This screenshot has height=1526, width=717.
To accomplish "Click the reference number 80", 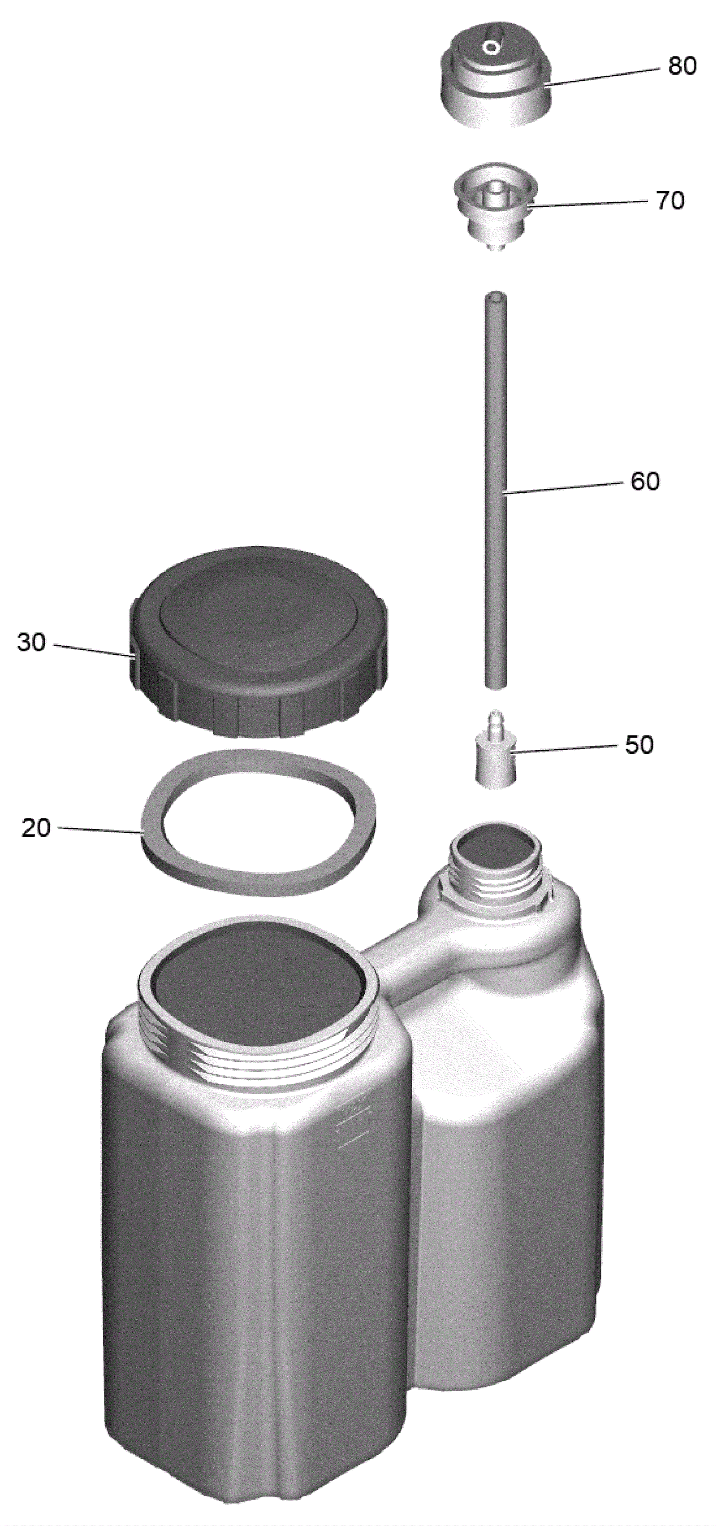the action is click(x=682, y=66).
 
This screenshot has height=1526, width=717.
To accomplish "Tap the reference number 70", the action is click(x=669, y=201).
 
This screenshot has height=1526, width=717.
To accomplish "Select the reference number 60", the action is click(x=645, y=481).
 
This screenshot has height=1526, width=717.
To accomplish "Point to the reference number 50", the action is click(x=639, y=745).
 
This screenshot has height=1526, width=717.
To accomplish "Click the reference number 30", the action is click(x=31, y=642).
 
